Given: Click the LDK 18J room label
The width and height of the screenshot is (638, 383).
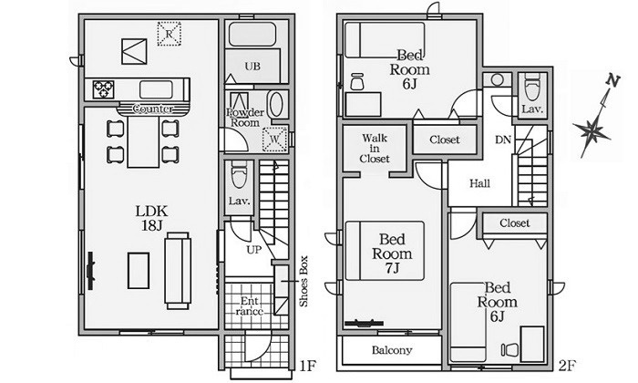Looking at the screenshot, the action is pos(151,218).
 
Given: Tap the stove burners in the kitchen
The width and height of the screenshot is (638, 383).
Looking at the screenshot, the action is pos(103,89).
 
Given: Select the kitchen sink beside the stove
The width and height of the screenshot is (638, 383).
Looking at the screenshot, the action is pos(156,89).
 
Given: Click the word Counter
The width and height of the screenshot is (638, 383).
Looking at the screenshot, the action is pos(152,109).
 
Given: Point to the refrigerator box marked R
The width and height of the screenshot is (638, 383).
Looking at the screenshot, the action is pos(170,34).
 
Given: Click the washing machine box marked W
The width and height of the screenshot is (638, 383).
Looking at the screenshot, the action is pos(274,140).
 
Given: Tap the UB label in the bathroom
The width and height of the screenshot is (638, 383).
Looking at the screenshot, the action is pos(252,66).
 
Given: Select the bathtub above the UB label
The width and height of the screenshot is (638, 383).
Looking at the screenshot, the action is pos(252,34).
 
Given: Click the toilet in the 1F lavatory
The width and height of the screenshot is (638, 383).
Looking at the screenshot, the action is pos(239,174).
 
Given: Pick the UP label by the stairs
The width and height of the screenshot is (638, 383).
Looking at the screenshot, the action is pos(254,250).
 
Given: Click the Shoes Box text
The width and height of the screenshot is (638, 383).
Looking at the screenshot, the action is pos(304,281).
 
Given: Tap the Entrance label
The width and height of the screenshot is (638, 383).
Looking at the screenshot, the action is pos(250,306).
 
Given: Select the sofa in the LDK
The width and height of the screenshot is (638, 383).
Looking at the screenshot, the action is pos(178,271).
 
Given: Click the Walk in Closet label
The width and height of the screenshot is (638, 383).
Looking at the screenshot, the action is pos(375,148).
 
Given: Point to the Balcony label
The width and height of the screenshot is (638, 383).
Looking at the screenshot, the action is pos(392,350).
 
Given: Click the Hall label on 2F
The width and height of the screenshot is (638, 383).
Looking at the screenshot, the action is pos(479,183).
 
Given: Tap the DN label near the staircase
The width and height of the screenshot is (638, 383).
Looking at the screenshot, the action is pos(503,140).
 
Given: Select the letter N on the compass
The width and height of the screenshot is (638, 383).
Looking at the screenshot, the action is pos(612,81).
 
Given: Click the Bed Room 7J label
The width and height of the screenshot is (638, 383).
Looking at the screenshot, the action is pos(392,253).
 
